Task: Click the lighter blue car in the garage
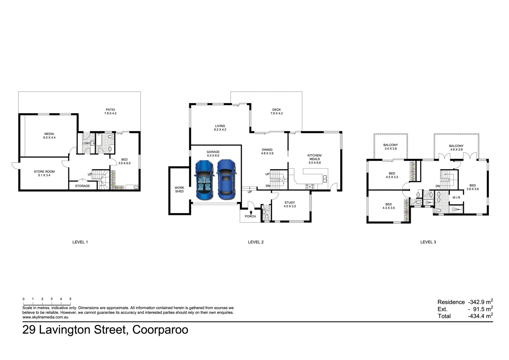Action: (204, 180)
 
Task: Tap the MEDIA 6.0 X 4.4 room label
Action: (49, 136)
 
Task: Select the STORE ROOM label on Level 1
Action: (44, 173)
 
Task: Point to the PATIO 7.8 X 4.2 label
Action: (110, 111)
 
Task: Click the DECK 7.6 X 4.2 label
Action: (276, 111)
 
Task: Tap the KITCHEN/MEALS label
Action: (314, 159)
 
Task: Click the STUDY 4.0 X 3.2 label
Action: (289, 204)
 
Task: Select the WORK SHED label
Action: (179, 189)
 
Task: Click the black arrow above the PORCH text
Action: (251, 212)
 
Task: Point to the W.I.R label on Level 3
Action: (456, 198)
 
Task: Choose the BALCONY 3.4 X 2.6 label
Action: (390, 147)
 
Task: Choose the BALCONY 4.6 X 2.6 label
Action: (456, 148)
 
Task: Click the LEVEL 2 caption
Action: (255, 242)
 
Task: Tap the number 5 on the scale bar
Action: (70, 299)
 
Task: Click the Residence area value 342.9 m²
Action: (480, 302)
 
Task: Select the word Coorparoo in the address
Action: (160, 330)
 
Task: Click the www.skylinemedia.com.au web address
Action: (45, 317)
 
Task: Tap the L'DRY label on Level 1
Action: (86, 143)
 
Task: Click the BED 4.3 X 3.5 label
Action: (388, 206)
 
